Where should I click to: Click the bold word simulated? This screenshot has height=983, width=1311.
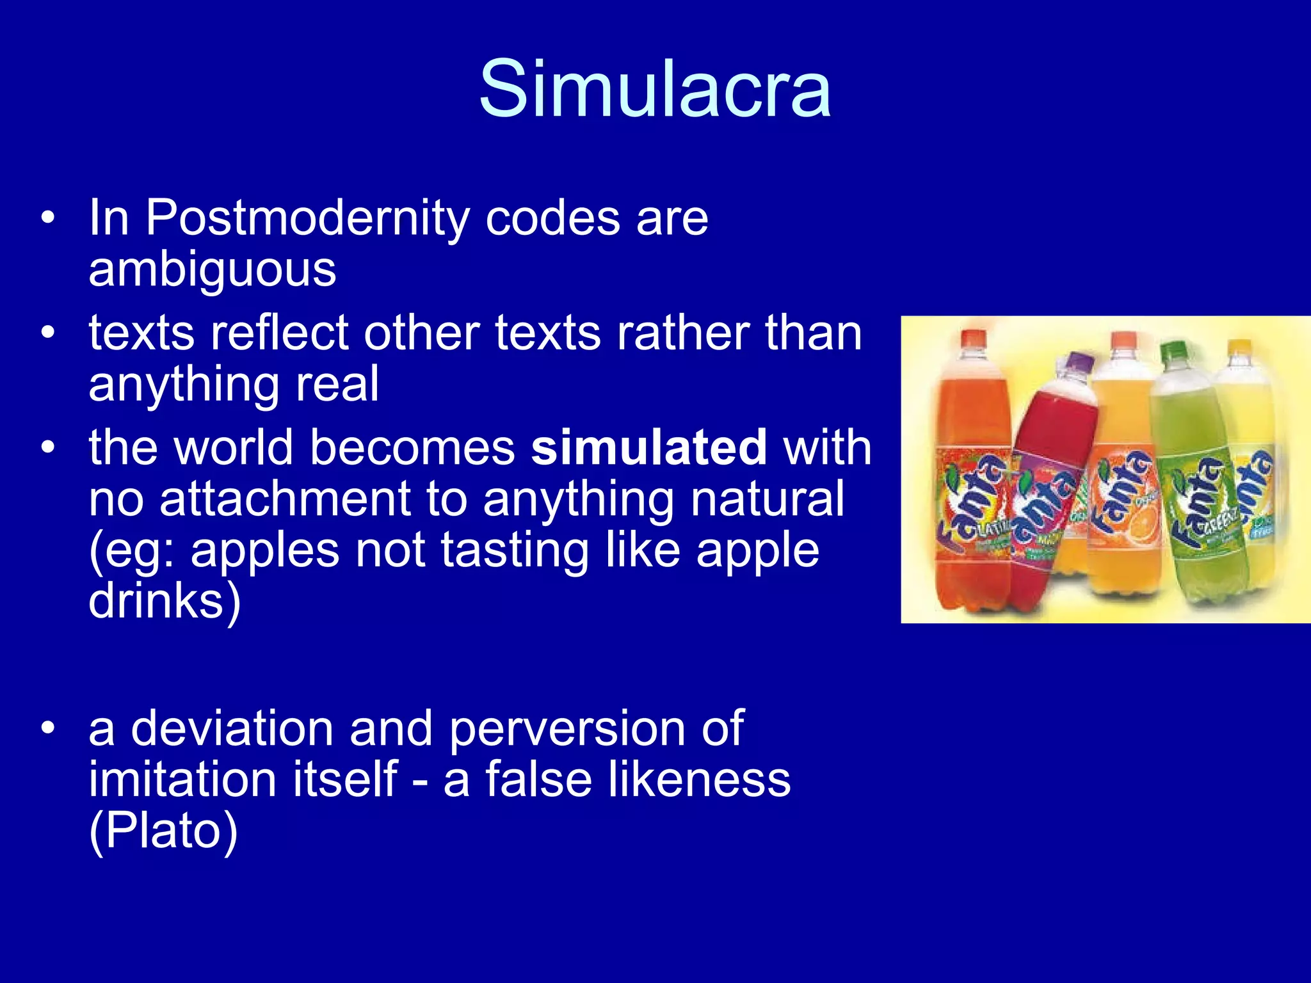(649, 447)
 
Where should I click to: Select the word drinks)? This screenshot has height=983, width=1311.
(165, 602)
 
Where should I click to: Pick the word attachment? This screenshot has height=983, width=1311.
(284, 499)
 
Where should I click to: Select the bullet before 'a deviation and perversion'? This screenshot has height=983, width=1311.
(47, 730)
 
